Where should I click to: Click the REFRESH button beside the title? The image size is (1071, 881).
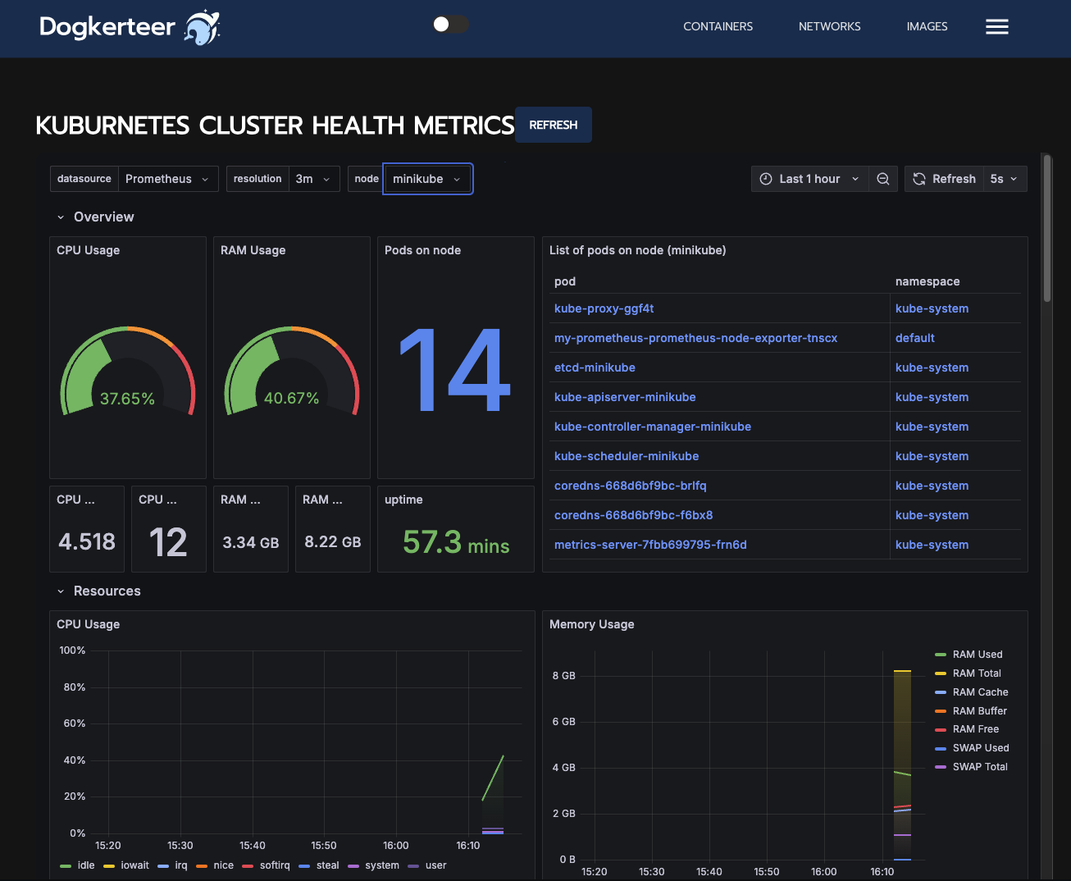(x=553, y=125)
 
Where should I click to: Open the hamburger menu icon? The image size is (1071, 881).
(x=996, y=27)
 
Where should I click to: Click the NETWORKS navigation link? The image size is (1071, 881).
(x=829, y=26)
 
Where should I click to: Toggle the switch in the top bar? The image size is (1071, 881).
(x=450, y=25)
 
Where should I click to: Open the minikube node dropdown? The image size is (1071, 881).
(x=427, y=179)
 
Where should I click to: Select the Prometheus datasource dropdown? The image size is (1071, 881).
(x=167, y=179)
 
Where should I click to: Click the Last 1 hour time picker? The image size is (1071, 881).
(x=809, y=179)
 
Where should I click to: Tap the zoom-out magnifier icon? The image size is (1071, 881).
(x=882, y=179)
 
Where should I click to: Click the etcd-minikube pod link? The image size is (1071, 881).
(x=595, y=367)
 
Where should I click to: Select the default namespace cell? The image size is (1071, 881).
(x=914, y=338)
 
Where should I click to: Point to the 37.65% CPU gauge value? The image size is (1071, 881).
(x=127, y=399)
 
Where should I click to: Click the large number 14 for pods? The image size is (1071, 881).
(x=455, y=370)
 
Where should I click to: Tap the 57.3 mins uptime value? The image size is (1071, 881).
(x=456, y=542)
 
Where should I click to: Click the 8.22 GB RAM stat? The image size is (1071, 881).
(x=332, y=542)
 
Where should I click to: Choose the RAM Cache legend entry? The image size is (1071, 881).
(x=979, y=692)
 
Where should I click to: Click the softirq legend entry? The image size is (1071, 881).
(x=274, y=865)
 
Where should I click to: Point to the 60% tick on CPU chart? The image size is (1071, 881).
(x=74, y=724)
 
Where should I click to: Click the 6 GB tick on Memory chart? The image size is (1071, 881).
(x=563, y=722)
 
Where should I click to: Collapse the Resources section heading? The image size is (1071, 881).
(x=107, y=591)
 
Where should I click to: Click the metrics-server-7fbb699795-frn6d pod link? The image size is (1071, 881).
(x=650, y=545)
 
